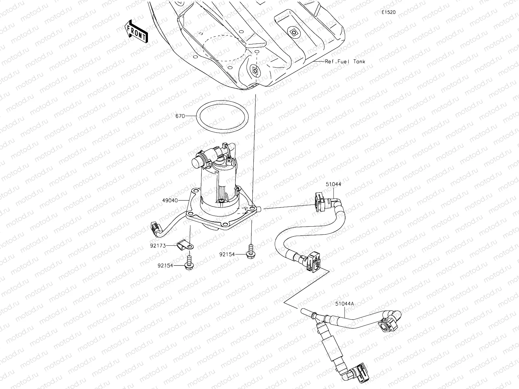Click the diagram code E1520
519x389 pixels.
388,12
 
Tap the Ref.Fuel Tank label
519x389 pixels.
345,61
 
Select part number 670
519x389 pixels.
180,116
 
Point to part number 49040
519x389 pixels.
170,201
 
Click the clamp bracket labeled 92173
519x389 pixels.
186,245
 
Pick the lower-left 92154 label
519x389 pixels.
165,265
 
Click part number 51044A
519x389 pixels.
344,304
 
